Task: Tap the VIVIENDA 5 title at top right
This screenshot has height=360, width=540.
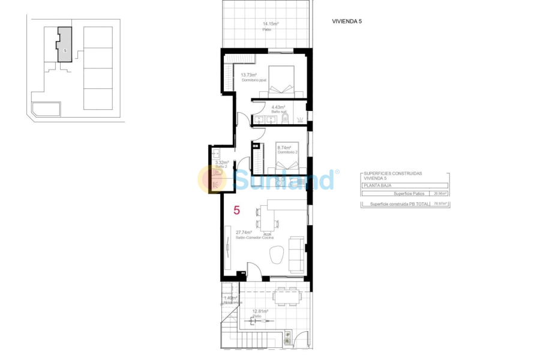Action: tap(347, 21)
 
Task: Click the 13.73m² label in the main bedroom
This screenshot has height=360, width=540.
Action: tap(249, 75)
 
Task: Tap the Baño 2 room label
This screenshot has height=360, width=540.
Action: tap(220, 167)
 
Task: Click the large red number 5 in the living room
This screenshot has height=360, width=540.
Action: tap(236, 211)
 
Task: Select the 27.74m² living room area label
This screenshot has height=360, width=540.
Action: tap(244, 232)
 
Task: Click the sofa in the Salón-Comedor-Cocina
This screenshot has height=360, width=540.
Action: tap(296, 254)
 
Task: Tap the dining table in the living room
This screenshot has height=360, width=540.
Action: tap(268, 218)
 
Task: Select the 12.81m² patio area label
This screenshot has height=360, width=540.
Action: tap(260, 311)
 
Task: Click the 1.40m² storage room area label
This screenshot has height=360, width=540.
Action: tap(230, 298)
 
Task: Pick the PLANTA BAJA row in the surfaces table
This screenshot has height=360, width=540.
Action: tap(405, 186)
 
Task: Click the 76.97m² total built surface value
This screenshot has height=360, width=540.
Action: tap(440, 204)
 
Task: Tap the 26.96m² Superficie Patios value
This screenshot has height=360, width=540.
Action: tap(440, 194)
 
